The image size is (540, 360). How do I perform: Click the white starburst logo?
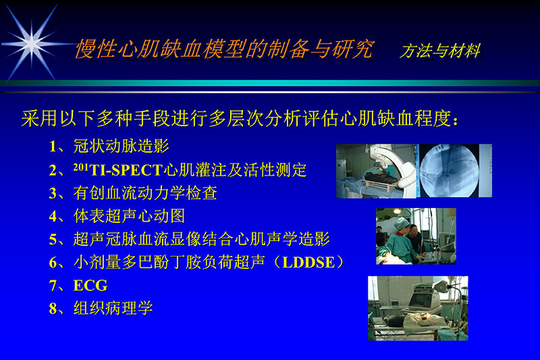pyautogui.click(x=30, y=43)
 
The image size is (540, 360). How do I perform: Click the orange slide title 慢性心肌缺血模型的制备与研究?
pyautogui.click(x=223, y=48)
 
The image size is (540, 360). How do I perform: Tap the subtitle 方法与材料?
pyautogui.click(x=440, y=51)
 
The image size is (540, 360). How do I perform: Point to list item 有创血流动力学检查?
pyautogui.click(x=145, y=192)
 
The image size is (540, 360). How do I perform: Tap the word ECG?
pyautogui.click(x=90, y=285)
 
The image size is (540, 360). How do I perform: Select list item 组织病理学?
pyautogui.click(x=113, y=309)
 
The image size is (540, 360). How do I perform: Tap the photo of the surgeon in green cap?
pyautogui.click(x=416, y=236)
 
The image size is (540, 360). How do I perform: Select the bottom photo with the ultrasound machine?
pyautogui.click(x=418, y=307)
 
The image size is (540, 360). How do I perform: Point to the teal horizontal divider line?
pyautogui.click(x=270, y=83)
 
